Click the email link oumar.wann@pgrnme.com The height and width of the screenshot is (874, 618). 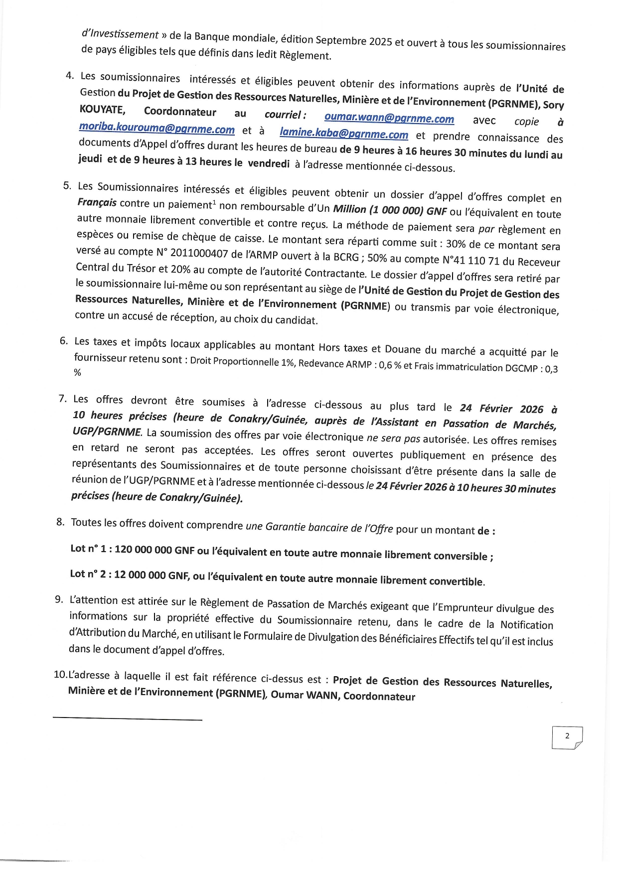tap(389, 118)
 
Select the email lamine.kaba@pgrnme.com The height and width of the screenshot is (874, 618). tap(343, 134)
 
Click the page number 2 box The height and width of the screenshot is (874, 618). tap(567, 736)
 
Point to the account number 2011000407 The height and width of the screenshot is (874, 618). tap(199, 253)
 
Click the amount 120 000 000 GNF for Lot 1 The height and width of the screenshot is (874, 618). tap(154, 550)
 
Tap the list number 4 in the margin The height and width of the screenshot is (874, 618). tap(70, 75)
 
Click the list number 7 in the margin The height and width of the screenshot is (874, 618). tap(63, 398)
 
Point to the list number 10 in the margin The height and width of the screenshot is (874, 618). tap(60, 674)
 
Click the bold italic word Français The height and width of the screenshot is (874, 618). tap(97, 202)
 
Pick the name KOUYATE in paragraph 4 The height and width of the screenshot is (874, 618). tap(102, 109)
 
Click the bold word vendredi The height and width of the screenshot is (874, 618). tap(269, 163)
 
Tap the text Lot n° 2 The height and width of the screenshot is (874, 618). tap(88, 574)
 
